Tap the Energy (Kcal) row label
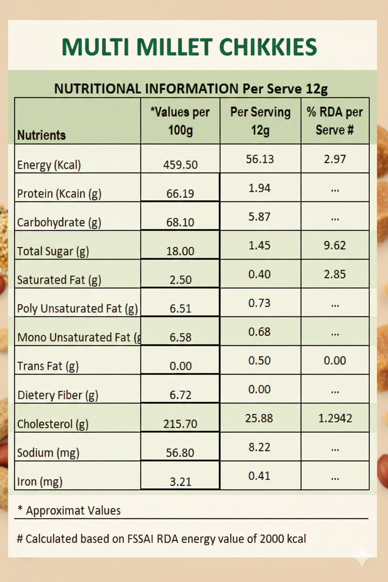tap(49, 165)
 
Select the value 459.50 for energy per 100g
tap(180, 165)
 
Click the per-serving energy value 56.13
tap(260, 159)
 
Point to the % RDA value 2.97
tap(335, 159)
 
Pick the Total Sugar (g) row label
tap(53, 251)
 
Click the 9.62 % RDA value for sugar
tap(335, 245)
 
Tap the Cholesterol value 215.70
tap(180, 424)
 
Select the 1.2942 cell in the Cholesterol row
tap(335, 418)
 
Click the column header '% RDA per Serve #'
tap(335, 120)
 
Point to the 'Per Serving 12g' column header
tap(260, 120)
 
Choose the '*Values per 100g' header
tap(180, 120)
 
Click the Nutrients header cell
tap(42, 135)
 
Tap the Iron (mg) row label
tap(40, 482)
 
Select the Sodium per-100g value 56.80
tap(180, 453)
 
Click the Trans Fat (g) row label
tap(48, 366)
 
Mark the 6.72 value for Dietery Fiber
tap(180, 395)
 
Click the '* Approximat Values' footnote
tap(69, 510)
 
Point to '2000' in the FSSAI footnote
tap(274, 539)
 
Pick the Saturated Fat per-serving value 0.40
tap(260, 274)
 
